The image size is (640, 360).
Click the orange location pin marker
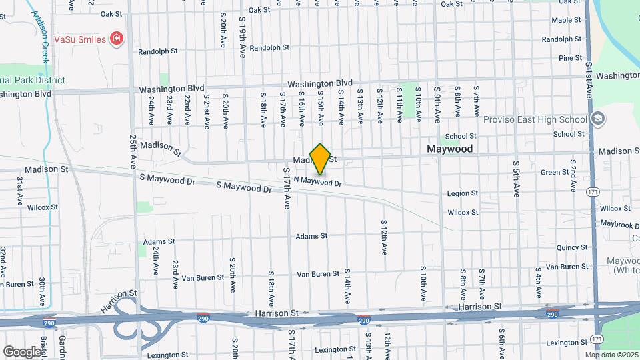pos(321,159)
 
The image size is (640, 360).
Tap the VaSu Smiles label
pos(79,39)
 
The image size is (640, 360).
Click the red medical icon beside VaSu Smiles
pos(117,39)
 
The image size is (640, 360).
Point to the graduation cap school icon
pos(598,119)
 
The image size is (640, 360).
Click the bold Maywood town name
pos(450,149)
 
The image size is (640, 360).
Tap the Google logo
pos(22,351)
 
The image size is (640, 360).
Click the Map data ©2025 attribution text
pos(611,354)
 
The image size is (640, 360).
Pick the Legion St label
pos(463,193)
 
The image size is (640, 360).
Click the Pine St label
pos(570,58)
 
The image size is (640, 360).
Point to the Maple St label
pos(567,21)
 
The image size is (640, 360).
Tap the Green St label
pos(554,172)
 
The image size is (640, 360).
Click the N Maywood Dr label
pos(317,181)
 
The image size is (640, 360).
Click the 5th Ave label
pos(515,178)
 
